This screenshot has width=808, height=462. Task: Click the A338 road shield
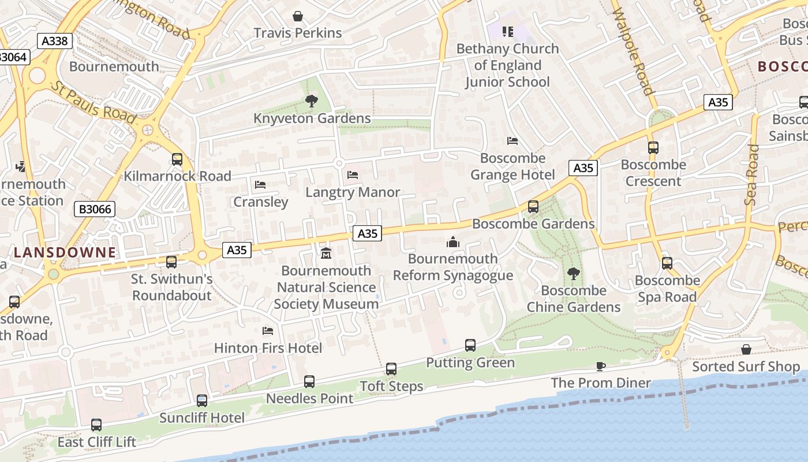pyautogui.click(x=55, y=41)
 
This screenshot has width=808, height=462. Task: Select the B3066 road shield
pyautogui.click(x=95, y=209)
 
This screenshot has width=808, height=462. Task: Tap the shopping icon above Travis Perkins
pyautogui.click(x=298, y=16)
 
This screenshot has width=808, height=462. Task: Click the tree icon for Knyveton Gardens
pyautogui.click(x=312, y=102)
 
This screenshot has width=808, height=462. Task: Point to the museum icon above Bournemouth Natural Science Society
pyautogui.click(x=326, y=254)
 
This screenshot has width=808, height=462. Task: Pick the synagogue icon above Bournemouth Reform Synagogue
pyautogui.click(x=453, y=242)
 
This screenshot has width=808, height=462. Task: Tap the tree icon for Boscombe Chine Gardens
pyautogui.click(x=573, y=274)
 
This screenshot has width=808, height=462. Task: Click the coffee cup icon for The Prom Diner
pyautogui.click(x=601, y=366)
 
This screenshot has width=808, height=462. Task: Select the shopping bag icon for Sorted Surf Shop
pyautogui.click(x=746, y=349)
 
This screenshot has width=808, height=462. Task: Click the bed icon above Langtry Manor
pyautogui.click(x=353, y=175)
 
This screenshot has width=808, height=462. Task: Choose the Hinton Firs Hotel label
pyautogui.click(x=268, y=348)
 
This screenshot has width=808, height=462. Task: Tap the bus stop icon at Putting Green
pyautogui.click(x=470, y=345)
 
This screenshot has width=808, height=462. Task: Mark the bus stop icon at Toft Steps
pyautogui.click(x=391, y=369)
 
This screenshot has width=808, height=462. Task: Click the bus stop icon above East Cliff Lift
pyautogui.click(x=96, y=425)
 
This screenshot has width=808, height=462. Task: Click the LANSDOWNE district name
pyautogui.click(x=65, y=252)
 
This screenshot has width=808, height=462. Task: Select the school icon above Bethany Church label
pyautogui.click(x=507, y=31)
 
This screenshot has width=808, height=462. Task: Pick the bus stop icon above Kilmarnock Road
pyautogui.click(x=177, y=159)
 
